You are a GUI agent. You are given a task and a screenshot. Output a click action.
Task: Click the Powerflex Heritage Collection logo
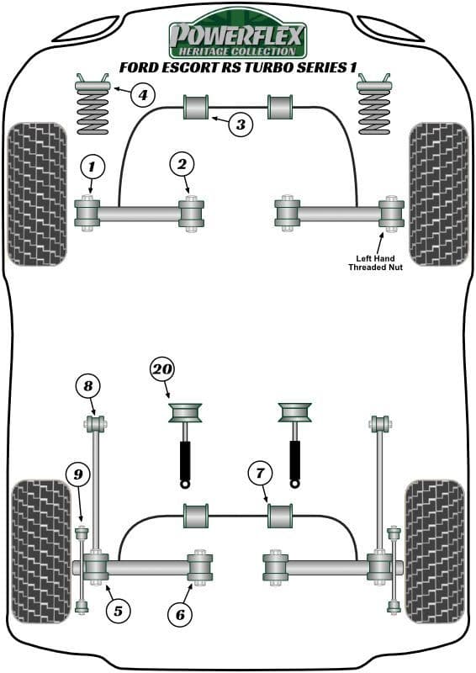point(238,34)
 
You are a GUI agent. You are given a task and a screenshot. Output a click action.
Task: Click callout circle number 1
point(93,166)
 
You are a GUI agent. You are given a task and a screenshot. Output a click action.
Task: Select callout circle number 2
point(182,164)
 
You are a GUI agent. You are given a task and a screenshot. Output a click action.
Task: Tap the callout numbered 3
point(240,125)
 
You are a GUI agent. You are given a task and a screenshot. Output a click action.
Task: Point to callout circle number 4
point(142,94)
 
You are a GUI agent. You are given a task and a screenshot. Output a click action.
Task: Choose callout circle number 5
point(118,611)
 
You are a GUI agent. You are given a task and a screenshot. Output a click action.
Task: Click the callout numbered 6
point(179,615)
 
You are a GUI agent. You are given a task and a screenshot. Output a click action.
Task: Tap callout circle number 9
point(78,475)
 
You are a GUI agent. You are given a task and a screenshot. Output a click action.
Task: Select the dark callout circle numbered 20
point(162,368)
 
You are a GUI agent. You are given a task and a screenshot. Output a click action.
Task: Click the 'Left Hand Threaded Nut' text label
point(377,262)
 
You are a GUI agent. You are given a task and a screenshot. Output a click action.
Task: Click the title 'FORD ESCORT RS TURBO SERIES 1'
point(238,67)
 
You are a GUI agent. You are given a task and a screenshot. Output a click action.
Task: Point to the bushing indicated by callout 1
point(87,213)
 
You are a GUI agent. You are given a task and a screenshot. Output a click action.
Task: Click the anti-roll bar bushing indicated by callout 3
point(196,108)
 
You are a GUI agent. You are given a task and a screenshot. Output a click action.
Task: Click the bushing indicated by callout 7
point(279,515)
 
